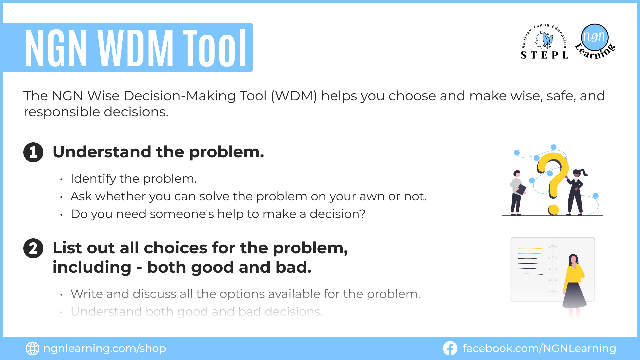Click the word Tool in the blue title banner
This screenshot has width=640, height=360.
[215, 48]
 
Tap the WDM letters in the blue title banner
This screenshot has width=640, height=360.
[135, 48]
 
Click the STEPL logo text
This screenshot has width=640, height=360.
[544, 55]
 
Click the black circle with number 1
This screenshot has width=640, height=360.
[33, 152]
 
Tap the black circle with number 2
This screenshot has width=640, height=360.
[33, 248]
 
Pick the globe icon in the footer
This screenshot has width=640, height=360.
[32, 348]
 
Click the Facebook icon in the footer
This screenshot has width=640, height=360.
[450, 348]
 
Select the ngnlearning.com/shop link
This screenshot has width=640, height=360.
[105, 348]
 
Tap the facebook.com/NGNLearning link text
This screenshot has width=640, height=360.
[539, 348]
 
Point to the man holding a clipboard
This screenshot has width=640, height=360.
[517, 193]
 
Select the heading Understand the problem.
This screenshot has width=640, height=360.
[158, 152]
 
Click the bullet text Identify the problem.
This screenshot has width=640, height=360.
[134, 179]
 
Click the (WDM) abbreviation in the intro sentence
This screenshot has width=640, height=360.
[294, 96]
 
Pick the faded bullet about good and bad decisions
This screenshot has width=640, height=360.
[197, 312]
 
